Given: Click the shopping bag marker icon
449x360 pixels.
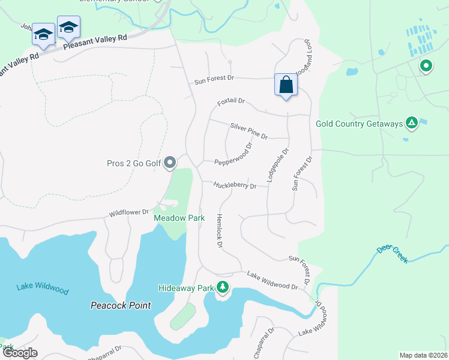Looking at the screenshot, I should [x=286, y=85].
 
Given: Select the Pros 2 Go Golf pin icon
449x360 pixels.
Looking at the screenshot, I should [x=170, y=163].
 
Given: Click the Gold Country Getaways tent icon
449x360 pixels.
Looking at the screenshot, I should [x=411, y=124].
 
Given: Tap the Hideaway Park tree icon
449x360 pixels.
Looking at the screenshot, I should [x=223, y=288].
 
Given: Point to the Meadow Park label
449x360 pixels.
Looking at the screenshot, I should [x=179, y=218].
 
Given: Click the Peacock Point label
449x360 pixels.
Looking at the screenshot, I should [x=121, y=305].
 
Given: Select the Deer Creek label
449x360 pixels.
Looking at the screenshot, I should [x=392, y=254].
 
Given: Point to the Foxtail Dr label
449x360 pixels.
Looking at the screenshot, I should [x=232, y=103].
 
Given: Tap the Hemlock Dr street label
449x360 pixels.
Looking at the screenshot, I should [x=220, y=232].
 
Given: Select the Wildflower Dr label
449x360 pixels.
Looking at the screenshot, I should [x=128, y=213].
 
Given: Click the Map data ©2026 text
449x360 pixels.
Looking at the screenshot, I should [x=423, y=355].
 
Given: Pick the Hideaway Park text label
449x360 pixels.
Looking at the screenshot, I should [x=186, y=289].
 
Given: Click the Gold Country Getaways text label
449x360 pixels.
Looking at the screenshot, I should [x=359, y=124].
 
